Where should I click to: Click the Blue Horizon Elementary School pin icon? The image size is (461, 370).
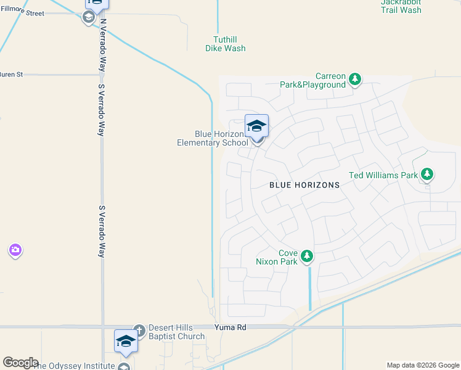[256, 126]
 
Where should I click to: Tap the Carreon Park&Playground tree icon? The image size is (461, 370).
[354, 78]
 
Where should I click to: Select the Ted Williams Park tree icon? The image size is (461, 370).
[426, 175]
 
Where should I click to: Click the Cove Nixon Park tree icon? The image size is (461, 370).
[306, 255]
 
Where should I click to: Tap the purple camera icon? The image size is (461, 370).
[15, 250]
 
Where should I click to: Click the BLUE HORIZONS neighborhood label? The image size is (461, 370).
[304, 185]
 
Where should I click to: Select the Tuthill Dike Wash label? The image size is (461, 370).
[226, 44]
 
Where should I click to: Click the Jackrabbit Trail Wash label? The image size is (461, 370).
[401, 6]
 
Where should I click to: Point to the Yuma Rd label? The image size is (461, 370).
[230, 327]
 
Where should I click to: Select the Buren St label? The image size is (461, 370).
[11, 75]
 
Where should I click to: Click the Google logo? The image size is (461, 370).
[20, 363]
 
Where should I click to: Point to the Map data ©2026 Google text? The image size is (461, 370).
[423, 365]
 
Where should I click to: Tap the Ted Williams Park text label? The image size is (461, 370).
[383, 175]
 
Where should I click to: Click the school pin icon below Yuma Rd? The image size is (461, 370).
[126, 341]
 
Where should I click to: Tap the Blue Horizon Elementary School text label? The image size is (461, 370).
[212, 138]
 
